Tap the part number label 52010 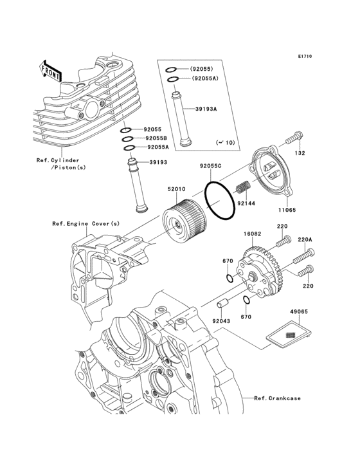[x=176, y=189]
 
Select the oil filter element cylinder [x=184, y=222]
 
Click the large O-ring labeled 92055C [x=220, y=200]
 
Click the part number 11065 [x=287, y=210]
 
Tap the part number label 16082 [x=252, y=234]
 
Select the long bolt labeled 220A [x=303, y=256]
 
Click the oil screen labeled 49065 [x=289, y=335]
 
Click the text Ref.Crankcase [x=277, y=398]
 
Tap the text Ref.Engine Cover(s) [x=85, y=223]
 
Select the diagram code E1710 [x=305, y=56]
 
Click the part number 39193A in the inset [x=206, y=109]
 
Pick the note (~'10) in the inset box [x=225, y=142]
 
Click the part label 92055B [x=156, y=138]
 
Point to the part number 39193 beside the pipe [x=158, y=163]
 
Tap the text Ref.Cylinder [x=58, y=160]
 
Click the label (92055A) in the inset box [x=205, y=78]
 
